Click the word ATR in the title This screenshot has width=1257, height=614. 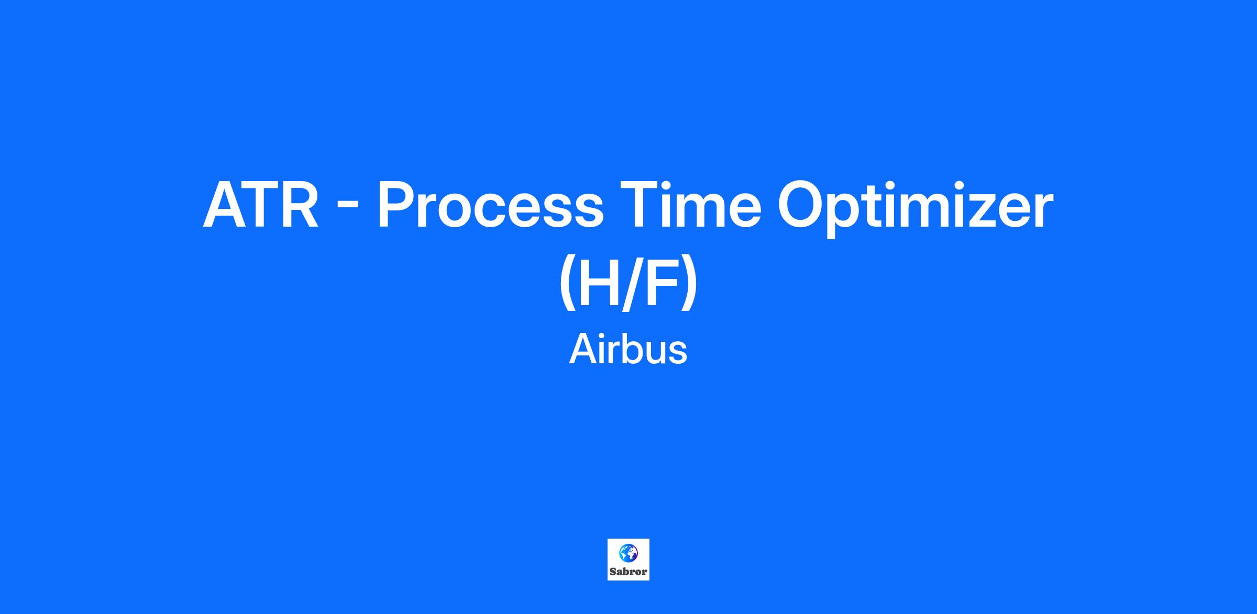click(261, 205)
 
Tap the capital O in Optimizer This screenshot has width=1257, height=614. click(802, 205)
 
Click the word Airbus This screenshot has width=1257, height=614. click(628, 349)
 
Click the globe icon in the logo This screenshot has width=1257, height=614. click(628, 553)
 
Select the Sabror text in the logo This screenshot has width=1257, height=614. click(629, 572)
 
